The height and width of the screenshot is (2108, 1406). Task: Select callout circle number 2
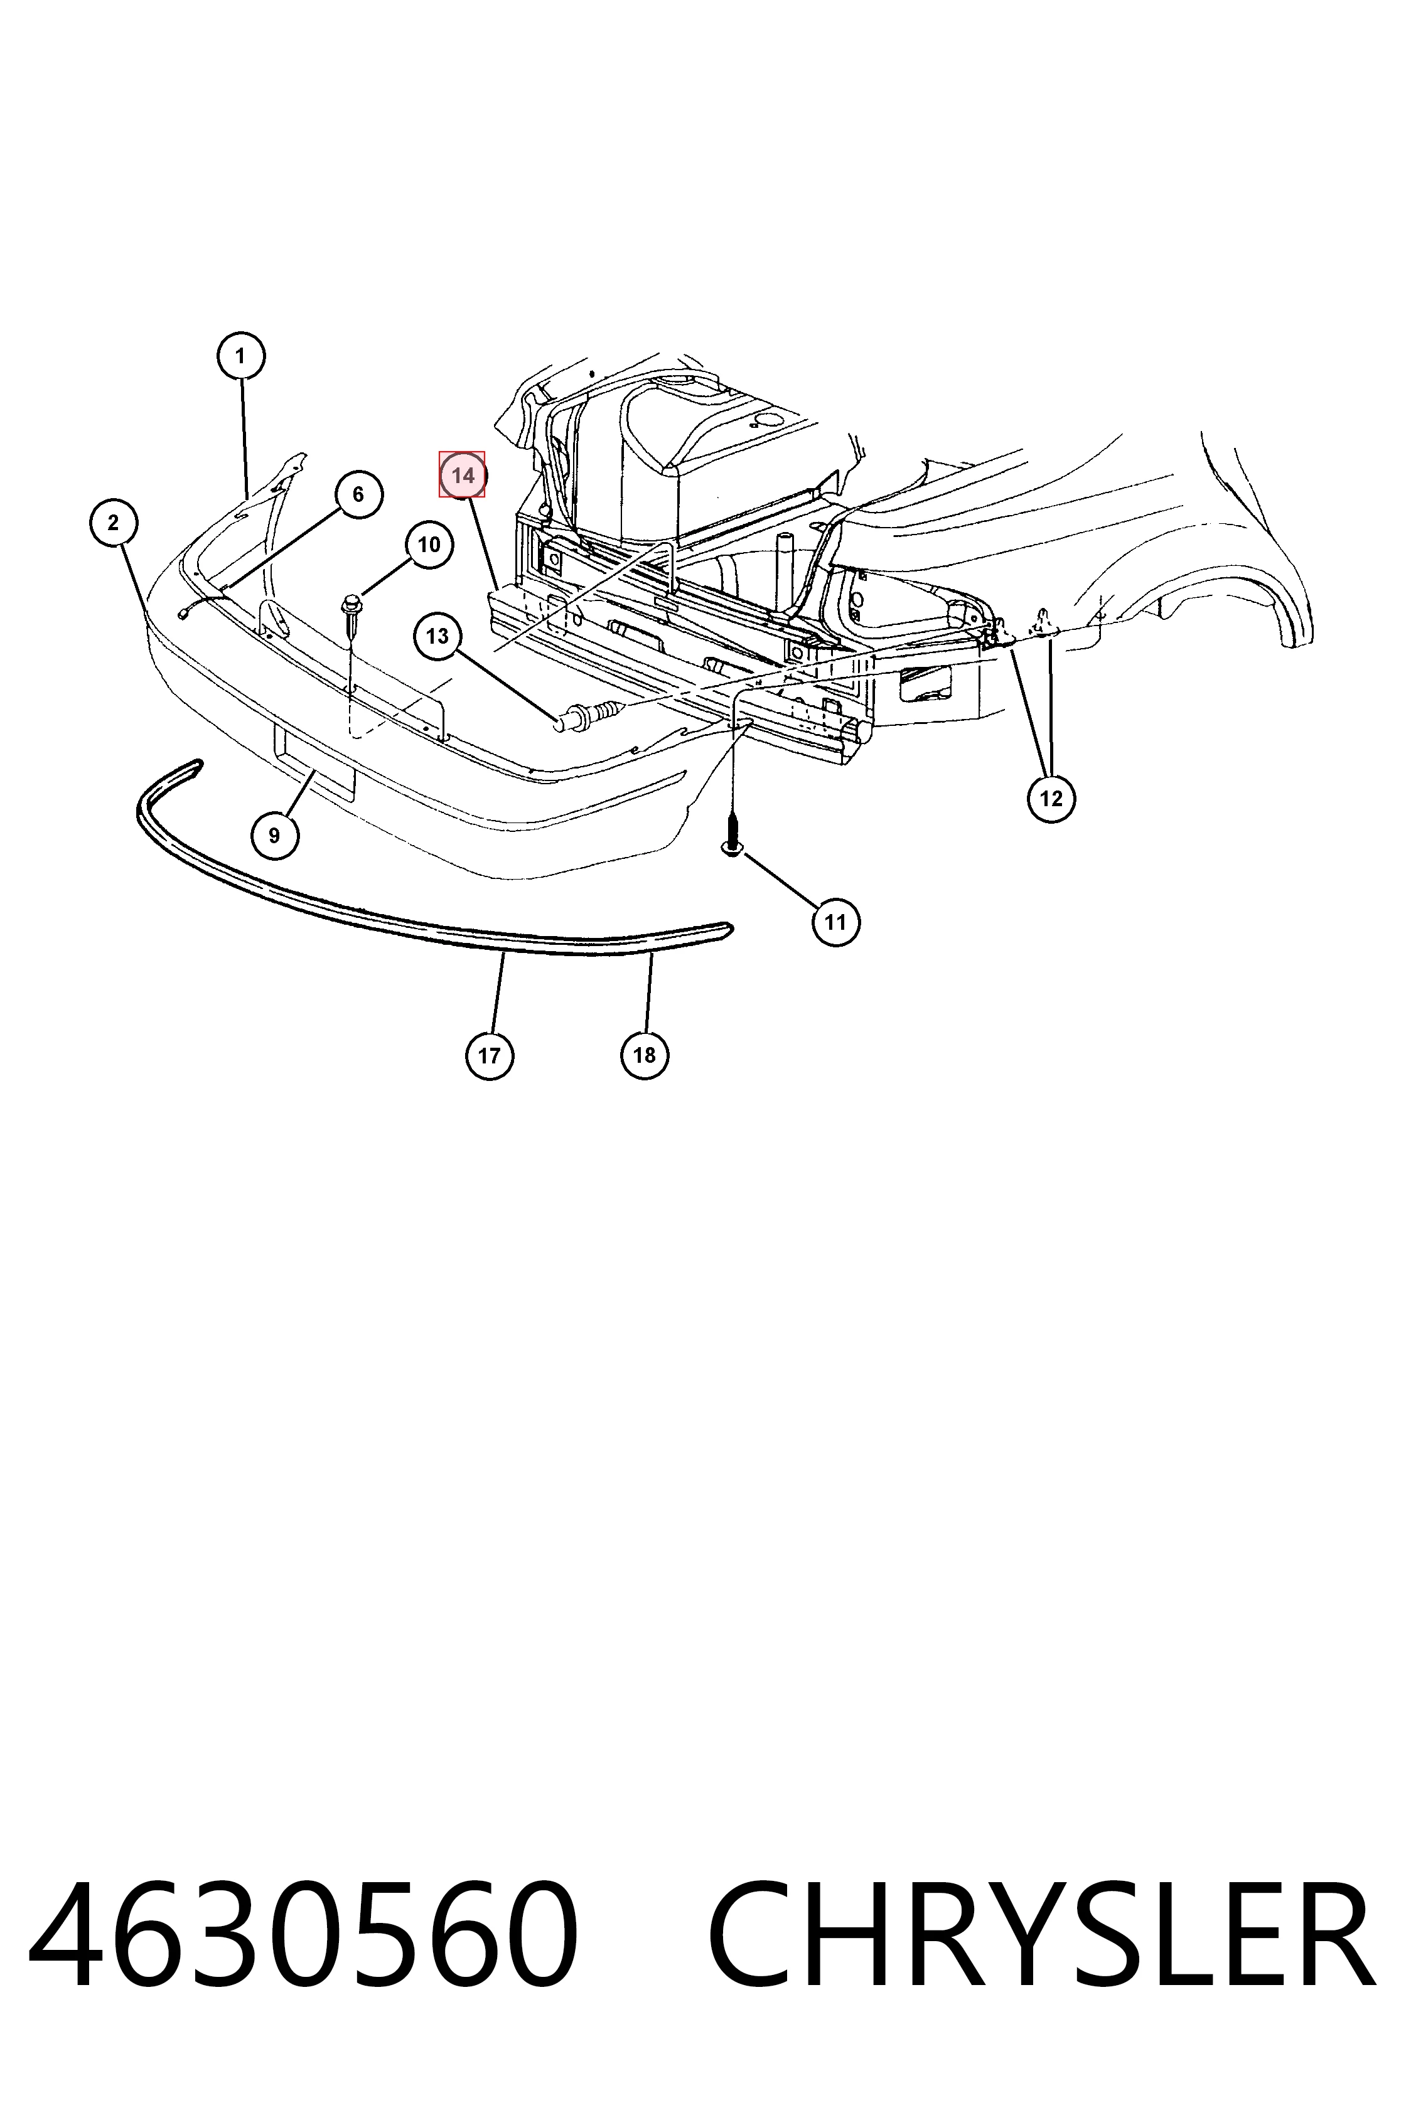114,523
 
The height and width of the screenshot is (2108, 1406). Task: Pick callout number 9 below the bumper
274,835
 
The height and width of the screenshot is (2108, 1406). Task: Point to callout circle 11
835,922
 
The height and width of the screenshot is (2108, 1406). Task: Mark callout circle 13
437,636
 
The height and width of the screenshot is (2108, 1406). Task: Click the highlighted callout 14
463,475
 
